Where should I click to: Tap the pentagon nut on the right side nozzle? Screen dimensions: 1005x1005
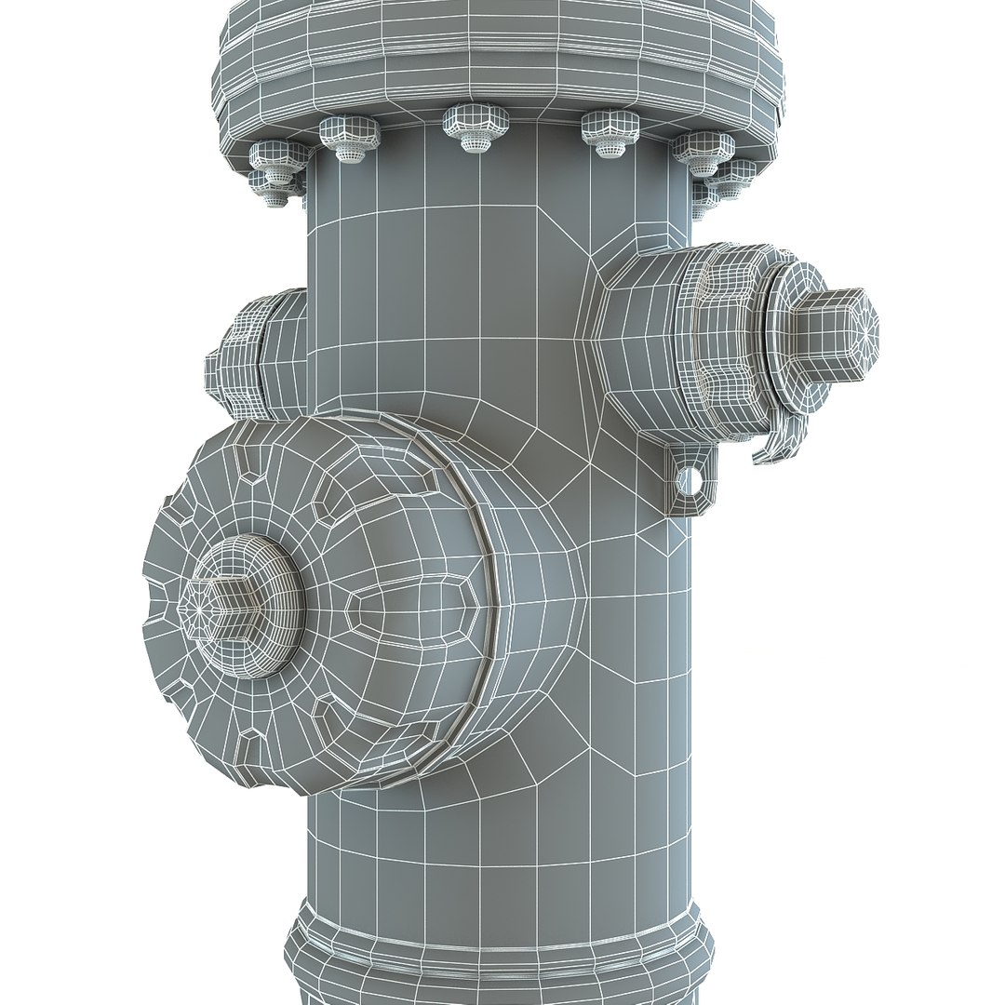point(833,336)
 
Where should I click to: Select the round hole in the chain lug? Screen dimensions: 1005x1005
point(688,480)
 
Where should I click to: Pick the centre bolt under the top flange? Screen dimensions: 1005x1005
point(476,127)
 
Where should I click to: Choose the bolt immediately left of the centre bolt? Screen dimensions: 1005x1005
point(350,137)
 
